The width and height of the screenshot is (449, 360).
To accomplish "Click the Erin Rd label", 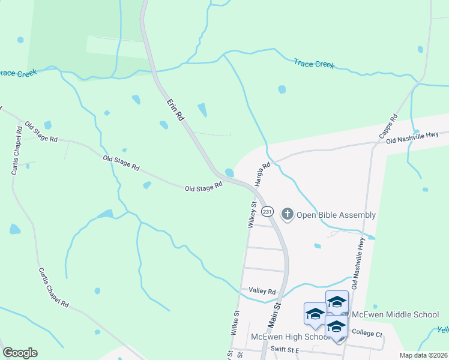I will coord(175,112).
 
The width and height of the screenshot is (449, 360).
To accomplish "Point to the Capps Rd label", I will coord(388,126).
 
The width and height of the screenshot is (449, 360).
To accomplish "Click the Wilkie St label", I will coord(235,322).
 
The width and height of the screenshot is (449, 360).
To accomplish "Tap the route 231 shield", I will coord(268,212).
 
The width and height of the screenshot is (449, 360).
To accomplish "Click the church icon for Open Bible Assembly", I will coord(288,214).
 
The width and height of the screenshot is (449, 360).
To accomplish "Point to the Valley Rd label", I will coord(262,291).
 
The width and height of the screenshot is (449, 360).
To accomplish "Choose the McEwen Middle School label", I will coord(395,314).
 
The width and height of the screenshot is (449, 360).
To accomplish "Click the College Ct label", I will coord(367,333).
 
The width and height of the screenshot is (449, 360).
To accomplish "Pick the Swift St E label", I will coord(285,349).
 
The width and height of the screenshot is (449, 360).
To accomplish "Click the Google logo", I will coord(20,353).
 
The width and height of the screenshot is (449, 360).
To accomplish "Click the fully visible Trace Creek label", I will coord(314,63).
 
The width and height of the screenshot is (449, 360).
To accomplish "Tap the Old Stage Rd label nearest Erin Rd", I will coord(203,188).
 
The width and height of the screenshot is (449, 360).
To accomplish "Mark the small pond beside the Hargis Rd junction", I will coord(229,172).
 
